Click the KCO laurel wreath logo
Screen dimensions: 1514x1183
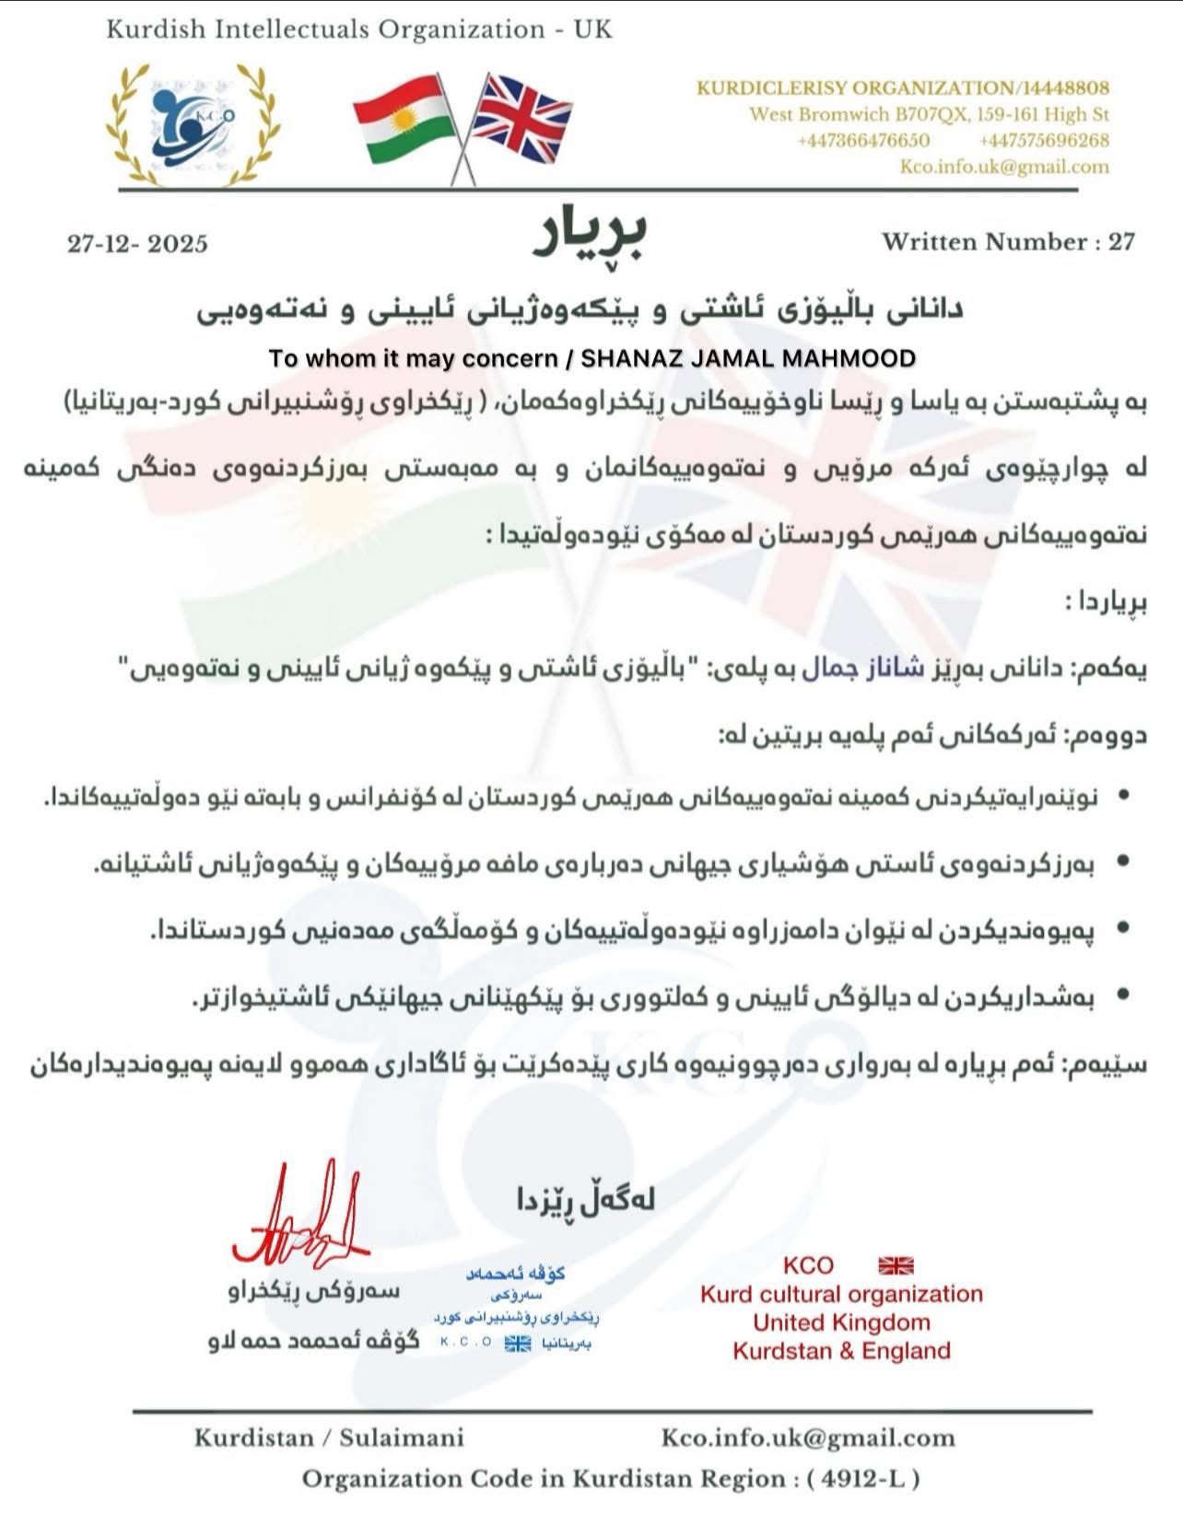[194, 126]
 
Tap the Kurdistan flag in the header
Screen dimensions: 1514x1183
[403, 121]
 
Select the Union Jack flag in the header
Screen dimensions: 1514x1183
[521, 118]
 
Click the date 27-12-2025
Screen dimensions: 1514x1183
[137, 244]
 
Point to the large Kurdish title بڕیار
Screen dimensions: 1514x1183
[591, 235]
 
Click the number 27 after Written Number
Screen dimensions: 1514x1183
[1121, 242]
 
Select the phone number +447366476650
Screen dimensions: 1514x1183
[863, 141]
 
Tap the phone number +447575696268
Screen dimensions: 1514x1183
[1044, 141]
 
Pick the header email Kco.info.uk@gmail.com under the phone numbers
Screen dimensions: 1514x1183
[1004, 167]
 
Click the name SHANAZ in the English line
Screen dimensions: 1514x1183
[627, 358]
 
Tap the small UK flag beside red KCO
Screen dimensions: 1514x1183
[896, 1265]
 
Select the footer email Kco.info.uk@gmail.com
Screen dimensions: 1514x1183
[808, 1438]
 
